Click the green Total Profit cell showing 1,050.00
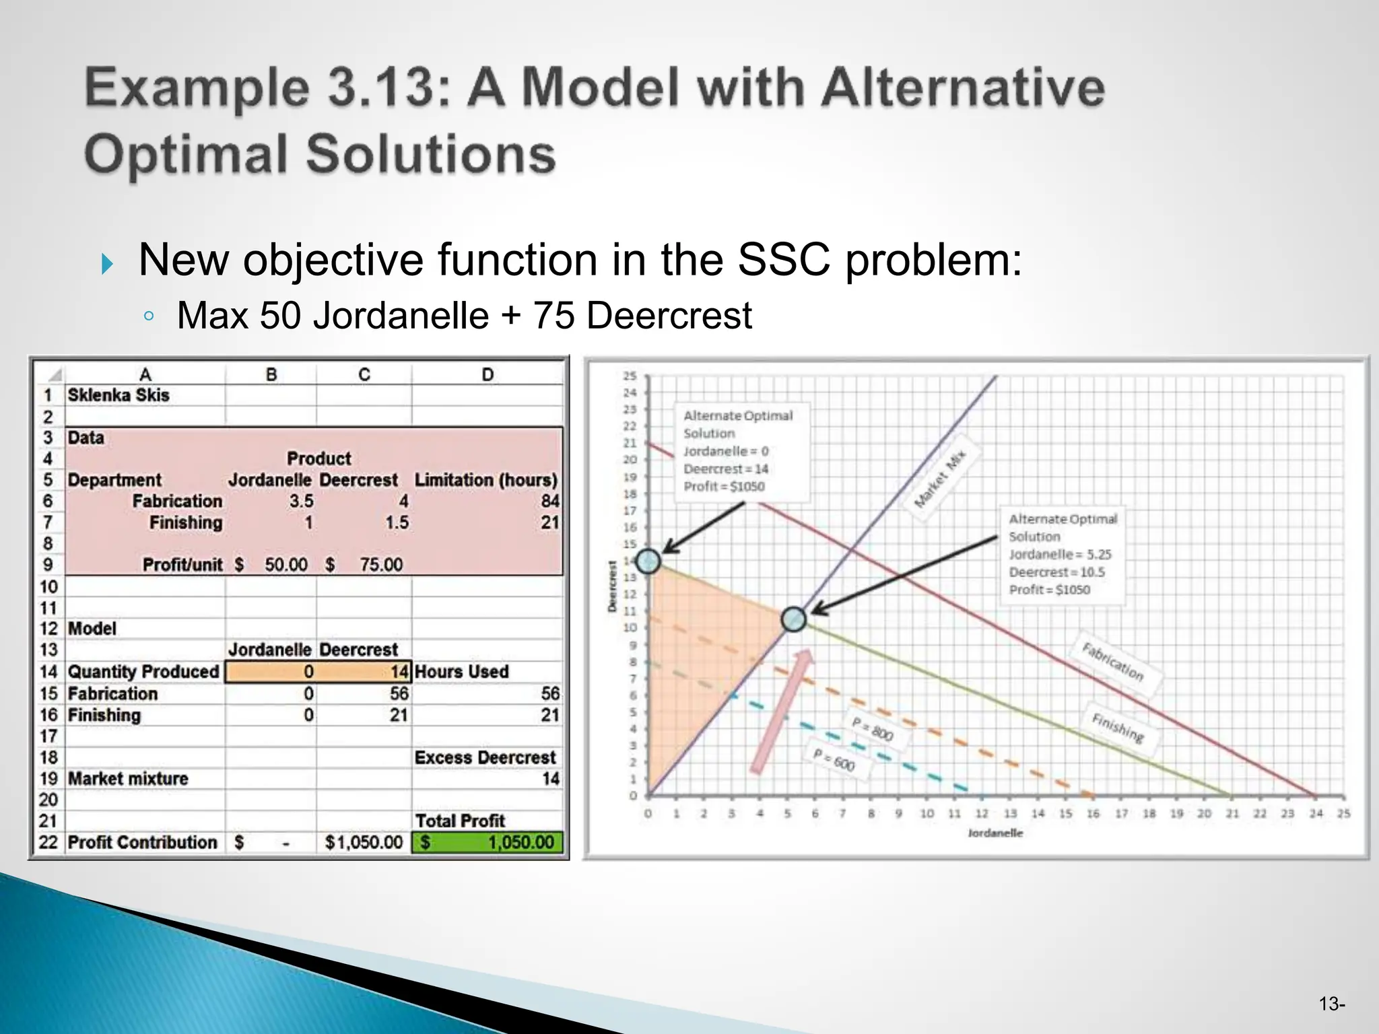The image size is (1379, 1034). [x=487, y=842]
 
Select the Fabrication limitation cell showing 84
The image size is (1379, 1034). [x=549, y=501]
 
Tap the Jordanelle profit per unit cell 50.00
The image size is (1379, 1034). [x=285, y=564]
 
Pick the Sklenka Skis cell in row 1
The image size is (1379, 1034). [x=119, y=395]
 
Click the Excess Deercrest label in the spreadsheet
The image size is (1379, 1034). [x=485, y=757]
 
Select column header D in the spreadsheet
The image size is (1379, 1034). [x=487, y=374]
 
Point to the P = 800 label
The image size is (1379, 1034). [x=873, y=729]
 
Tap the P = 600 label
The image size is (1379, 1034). [x=834, y=760]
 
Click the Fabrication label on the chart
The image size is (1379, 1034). [x=1112, y=661]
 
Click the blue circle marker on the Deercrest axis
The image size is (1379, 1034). [x=648, y=561]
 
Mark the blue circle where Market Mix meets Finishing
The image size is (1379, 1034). [x=794, y=619]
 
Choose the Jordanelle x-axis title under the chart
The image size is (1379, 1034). [x=995, y=833]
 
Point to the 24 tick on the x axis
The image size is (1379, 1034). [x=1316, y=813]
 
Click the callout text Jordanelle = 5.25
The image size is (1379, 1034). [x=1059, y=554]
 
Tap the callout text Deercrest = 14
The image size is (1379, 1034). [x=725, y=469]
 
